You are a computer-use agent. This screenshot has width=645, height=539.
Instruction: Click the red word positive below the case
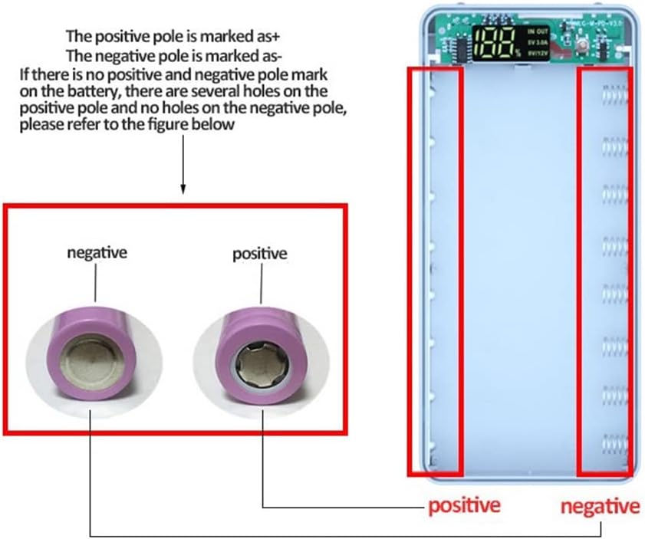click(x=464, y=506)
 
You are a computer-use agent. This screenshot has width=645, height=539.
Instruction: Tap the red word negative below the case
click(x=600, y=507)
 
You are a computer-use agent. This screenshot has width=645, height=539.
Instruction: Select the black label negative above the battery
click(x=97, y=251)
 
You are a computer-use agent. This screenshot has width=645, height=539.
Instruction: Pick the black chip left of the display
click(x=459, y=48)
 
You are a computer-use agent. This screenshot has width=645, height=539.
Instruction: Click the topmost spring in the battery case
click(x=614, y=96)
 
